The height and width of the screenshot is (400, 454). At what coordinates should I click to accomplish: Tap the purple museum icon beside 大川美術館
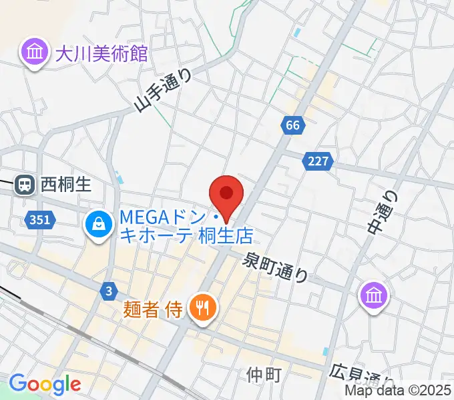pyautogui.click(x=33, y=51)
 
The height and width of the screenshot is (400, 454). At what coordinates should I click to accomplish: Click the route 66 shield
pyautogui.click(x=292, y=125)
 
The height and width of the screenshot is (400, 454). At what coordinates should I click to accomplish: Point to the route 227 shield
pyautogui.click(x=318, y=161)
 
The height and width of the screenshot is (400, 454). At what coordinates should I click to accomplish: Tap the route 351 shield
pyautogui.click(x=38, y=218)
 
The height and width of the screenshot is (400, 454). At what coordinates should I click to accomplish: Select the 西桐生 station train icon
pyautogui.click(x=25, y=184)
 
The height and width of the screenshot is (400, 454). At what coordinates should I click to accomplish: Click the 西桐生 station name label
pyautogui.click(x=65, y=184)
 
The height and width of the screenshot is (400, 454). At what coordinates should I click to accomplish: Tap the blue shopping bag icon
pyautogui.click(x=99, y=225)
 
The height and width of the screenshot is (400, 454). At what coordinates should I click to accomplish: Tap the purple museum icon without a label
pyautogui.click(x=374, y=294)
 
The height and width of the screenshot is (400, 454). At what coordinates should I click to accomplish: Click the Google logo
pyautogui.click(x=45, y=385)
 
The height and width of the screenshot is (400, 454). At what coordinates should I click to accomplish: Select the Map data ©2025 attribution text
pyautogui.click(x=398, y=391)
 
